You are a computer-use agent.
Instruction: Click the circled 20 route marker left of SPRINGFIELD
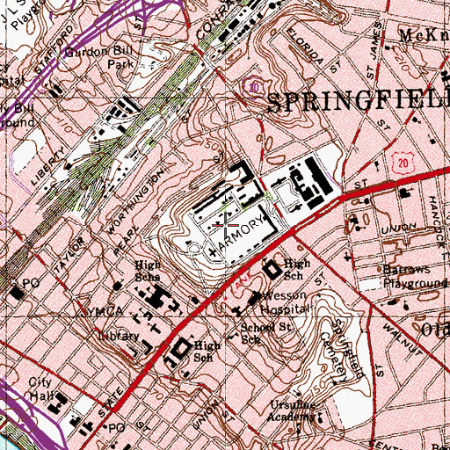(x=254, y=86)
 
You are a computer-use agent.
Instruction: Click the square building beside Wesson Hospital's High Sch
(x=272, y=266)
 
